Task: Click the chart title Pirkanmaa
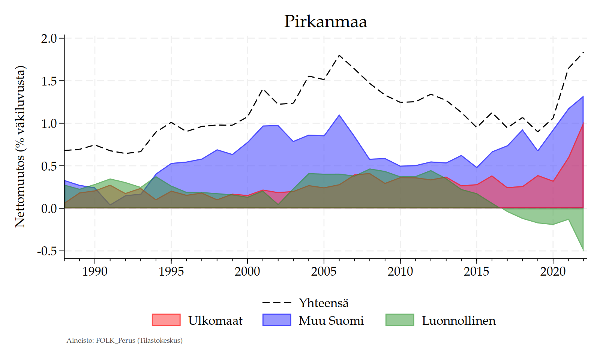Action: pos(325,21)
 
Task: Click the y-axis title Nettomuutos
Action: pos(20,147)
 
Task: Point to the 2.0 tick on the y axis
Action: pos(49,38)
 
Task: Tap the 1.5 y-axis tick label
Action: pos(49,81)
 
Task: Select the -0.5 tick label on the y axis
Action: pos(47,251)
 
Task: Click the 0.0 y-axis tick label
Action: pos(49,208)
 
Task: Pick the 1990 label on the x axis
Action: pos(94,271)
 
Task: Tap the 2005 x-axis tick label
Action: pos(324,271)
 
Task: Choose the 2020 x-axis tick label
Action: pos(553,271)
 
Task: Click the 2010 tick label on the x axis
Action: pos(400,271)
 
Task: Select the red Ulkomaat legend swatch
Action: pos(166,320)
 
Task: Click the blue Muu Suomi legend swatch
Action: pos(277,320)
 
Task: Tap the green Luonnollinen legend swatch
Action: pos(400,320)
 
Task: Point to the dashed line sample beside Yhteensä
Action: pos(277,302)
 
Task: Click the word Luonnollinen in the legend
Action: pos(459,321)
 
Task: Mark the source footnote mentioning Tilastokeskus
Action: pos(124,340)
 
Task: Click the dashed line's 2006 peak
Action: pos(339,55)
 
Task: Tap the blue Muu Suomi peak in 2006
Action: pos(339,115)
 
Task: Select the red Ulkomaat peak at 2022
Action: pos(583,123)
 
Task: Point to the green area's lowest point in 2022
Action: pos(583,250)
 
